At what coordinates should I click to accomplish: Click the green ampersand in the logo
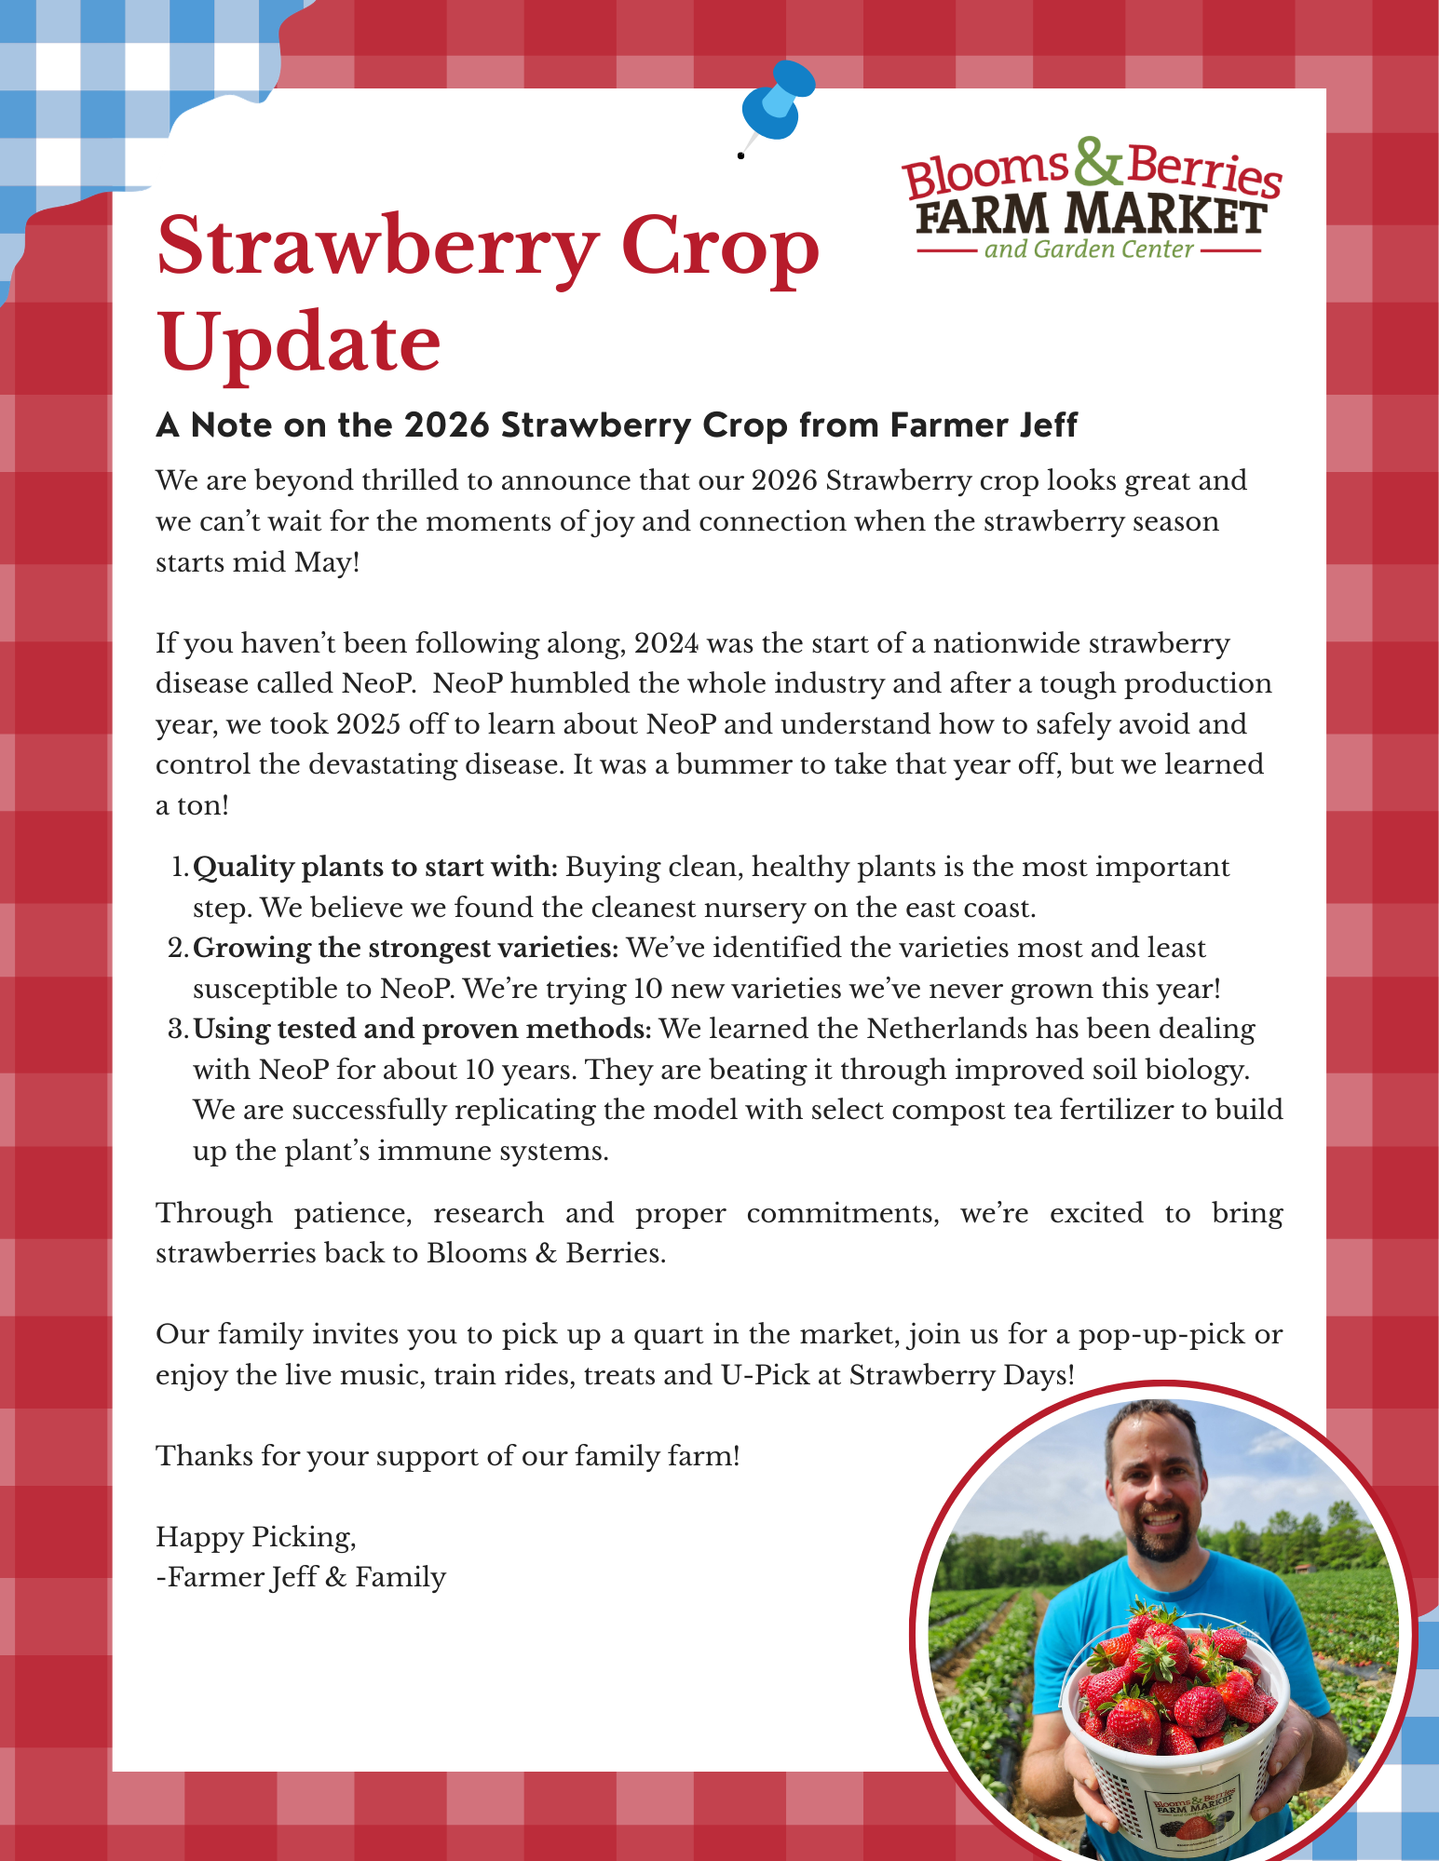[x=1096, y=162]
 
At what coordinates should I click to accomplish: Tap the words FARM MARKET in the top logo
[x=1090, y=214]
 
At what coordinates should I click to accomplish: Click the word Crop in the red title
[x=720, y=248]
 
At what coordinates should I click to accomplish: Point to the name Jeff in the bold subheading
[x=1045, y=425]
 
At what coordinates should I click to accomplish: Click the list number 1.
[x=180, y=868]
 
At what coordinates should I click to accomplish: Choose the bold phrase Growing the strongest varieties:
[x=405, y=948]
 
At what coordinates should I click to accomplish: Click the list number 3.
[x=178, y=1029]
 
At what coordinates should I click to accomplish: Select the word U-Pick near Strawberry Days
[x=765, y=1375]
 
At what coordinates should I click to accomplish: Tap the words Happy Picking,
[x=256, y=1536]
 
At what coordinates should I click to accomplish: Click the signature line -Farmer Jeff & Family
[x=301, y=1577]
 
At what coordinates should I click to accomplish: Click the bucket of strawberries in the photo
[x=1174, y=1704]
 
